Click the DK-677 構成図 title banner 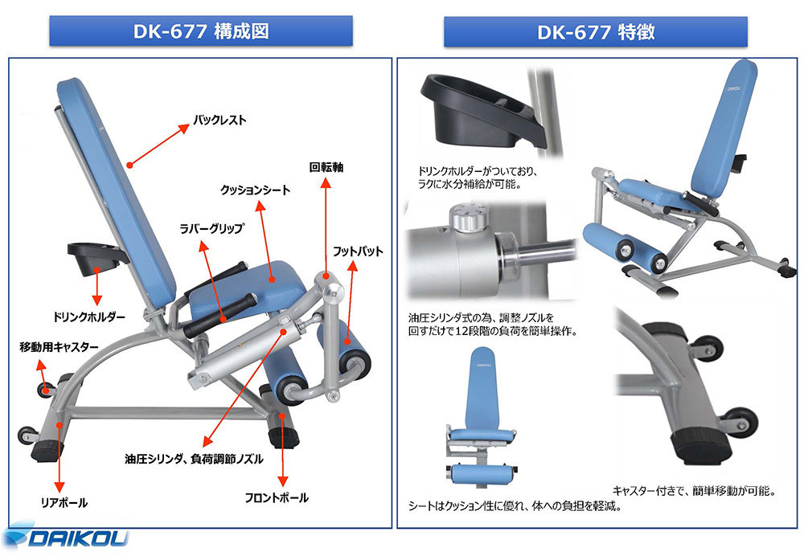(201, 31)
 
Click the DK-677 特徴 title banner (596, 32)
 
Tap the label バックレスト (219, 121)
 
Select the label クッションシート (255, 190)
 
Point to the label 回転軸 (326, 168)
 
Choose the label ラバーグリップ (211, 228)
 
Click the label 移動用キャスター (59, 347)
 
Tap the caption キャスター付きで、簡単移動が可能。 (693, 489)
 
